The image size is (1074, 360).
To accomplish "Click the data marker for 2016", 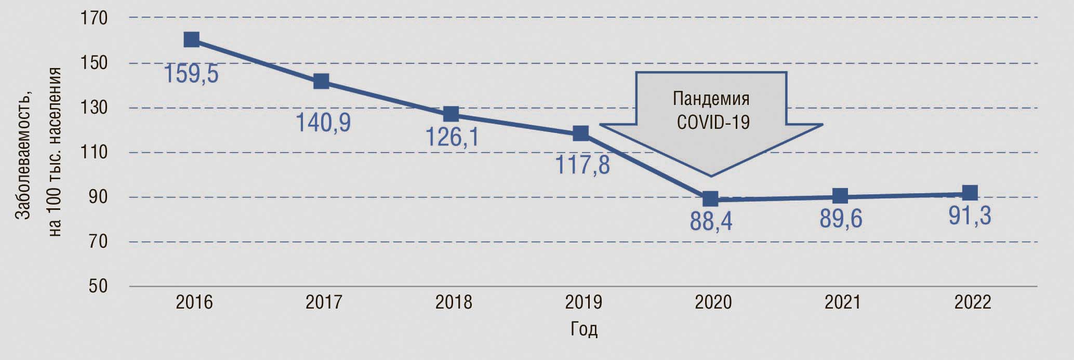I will point(191,39).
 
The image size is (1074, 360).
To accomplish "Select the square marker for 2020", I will point(710,198).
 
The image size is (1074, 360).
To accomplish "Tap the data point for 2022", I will point(970,193).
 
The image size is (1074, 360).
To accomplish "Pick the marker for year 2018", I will point(451,114).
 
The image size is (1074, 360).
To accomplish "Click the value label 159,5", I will point(191,74).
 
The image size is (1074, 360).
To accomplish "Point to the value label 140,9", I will point(323,122).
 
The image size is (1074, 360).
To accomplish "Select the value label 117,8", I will point(582,164).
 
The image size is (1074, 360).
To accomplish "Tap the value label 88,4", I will point(711,221).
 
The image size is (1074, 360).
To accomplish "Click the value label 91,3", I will point(970,216).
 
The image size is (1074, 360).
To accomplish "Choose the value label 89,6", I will point(841,219).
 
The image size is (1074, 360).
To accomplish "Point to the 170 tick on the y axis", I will point(94,18).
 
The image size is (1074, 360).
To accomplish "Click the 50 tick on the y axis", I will point(98,286).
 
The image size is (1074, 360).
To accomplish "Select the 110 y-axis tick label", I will point(94,152).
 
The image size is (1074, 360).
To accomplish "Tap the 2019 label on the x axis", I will point(584,302).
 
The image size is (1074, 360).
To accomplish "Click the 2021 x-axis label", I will point(843,302).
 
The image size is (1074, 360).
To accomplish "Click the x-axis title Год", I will point(584,329).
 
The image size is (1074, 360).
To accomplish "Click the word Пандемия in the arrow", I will point(711,99).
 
